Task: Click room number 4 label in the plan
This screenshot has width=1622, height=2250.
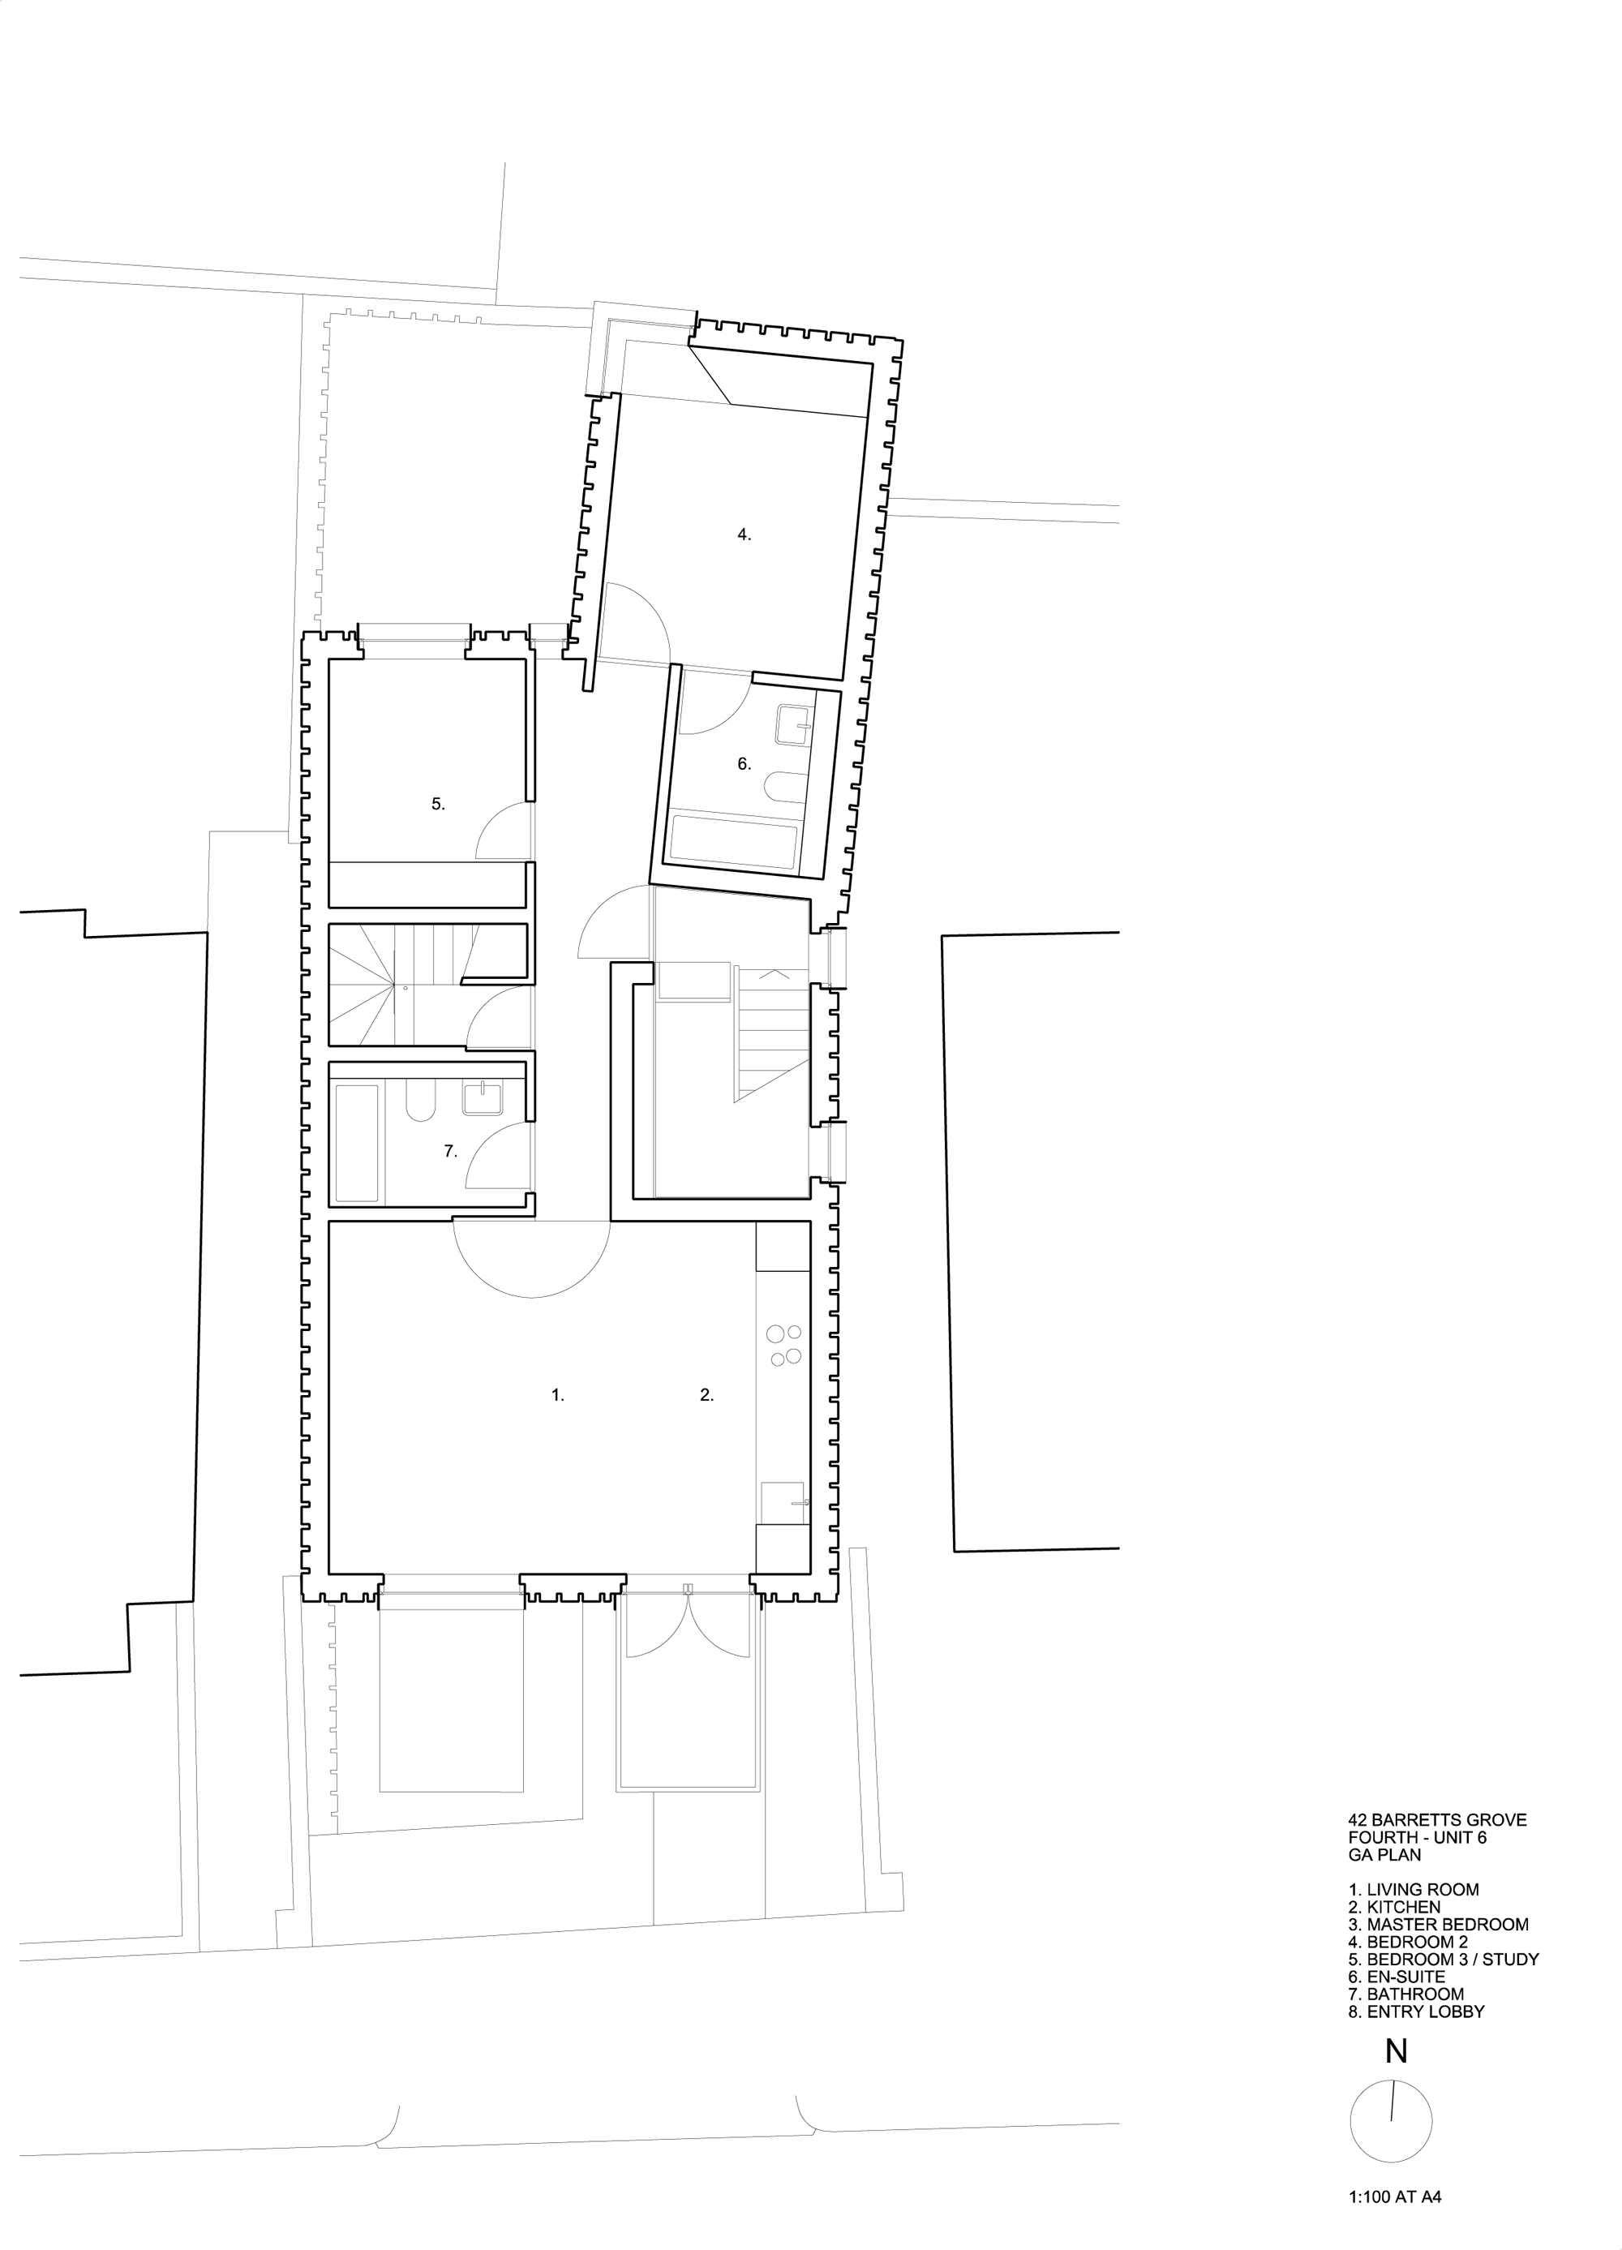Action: tap(744, 535)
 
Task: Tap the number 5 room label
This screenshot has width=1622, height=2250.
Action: tap(437, 804)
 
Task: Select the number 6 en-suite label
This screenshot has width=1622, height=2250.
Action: tap(744, 764)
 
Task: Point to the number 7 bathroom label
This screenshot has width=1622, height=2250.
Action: tap(449, 1151)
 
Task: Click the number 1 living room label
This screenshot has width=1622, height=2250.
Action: tap(557, 1395)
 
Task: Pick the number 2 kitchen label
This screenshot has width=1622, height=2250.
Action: tap(706, 1395)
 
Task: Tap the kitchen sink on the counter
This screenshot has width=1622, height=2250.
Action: tap(783, 1503)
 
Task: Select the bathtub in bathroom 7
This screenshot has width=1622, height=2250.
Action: tap(357, 1143)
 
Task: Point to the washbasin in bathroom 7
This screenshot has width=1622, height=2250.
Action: tap(483, 1099)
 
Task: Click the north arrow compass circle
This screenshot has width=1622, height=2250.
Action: tap(1391, 2113)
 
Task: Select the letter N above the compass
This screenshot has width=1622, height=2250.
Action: tap(1396, 2050)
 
